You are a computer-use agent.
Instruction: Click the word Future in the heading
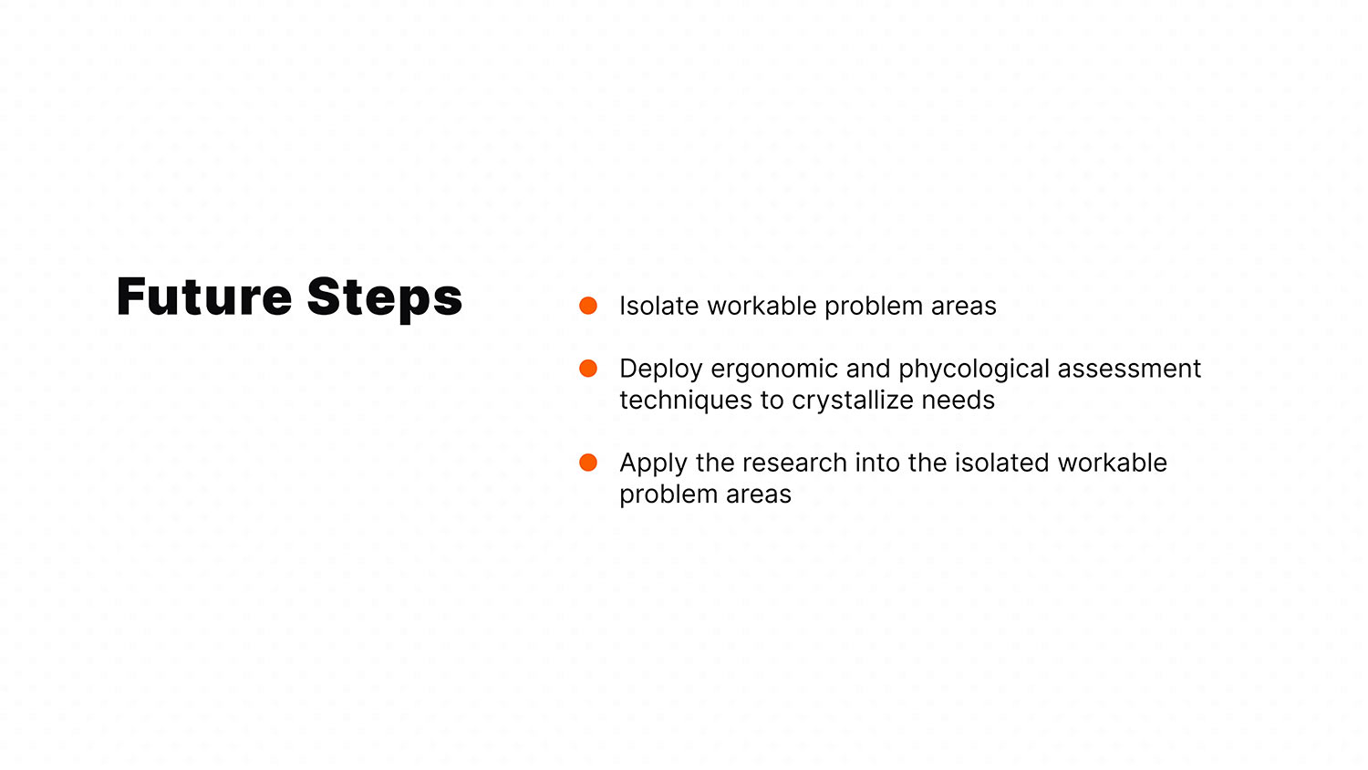click(204, 297)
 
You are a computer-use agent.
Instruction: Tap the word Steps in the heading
click(385, 299)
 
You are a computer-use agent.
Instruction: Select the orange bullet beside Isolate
click(588, 306)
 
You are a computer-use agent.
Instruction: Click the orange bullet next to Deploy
click(588, 369)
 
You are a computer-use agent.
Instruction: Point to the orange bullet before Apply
click(588, 463)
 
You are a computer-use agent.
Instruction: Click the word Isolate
click(659, 307)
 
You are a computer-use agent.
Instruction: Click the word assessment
click(1129, 369)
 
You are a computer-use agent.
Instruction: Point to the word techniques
click(686, 401)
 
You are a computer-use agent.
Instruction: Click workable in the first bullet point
click(762, 307)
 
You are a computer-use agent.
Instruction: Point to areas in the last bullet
click(759, 495)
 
